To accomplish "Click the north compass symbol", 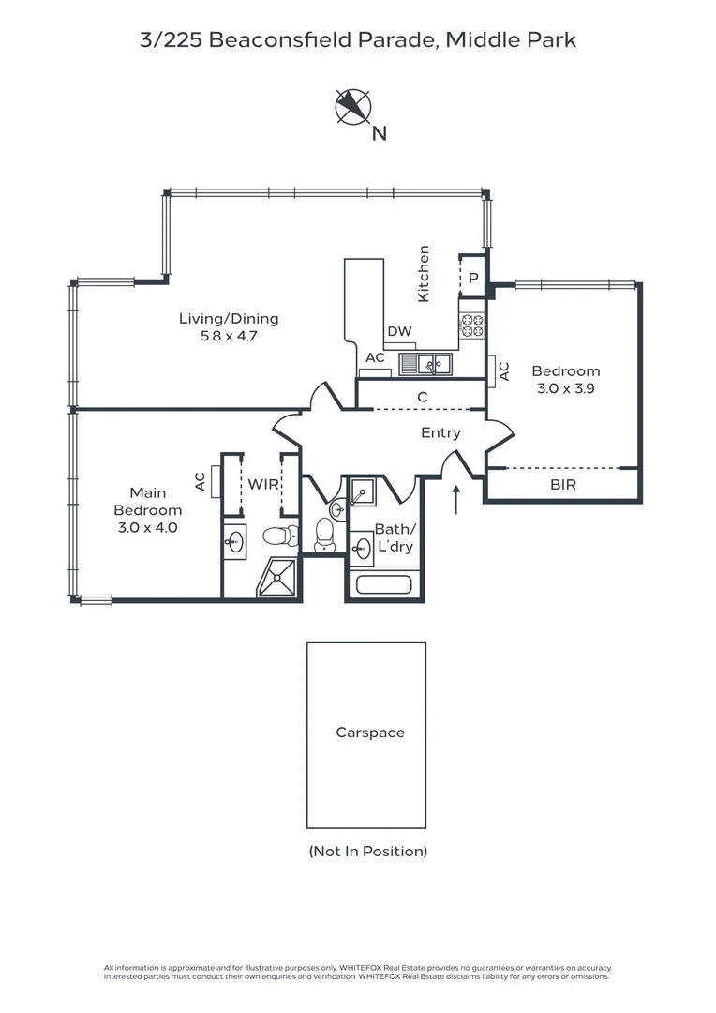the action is click(x=353, y=106).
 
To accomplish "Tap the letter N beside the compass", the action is click(x=379, y=134).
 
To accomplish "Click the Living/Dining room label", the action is click(x=229, y=319).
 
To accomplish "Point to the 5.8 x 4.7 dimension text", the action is click(x=229, y=336).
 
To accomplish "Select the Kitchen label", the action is click(x=424, y=273).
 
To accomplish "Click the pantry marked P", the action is click(x=473, y=278).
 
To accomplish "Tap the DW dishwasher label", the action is click(x=399, y=331).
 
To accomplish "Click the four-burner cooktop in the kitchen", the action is click(x=472, y=325).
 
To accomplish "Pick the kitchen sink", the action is click(x=425, y=364).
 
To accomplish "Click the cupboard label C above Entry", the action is click(x=423, y=397).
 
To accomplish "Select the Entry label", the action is click(x=441, y=432).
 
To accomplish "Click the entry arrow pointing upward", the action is click(x=456, y=500).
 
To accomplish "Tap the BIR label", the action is click(x=563, y=485).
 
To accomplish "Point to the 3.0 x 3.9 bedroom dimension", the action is click(x=566, y=388).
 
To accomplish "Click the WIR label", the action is click(x=263, y=484).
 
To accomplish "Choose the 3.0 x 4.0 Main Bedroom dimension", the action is click(x=148, y=527).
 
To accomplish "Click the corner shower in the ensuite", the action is click(x=277, y=578).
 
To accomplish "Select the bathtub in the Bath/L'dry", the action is click(x=384, y=585).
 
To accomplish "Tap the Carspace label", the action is click(x=370, y=733).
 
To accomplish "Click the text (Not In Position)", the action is click(x=368, y=852).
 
